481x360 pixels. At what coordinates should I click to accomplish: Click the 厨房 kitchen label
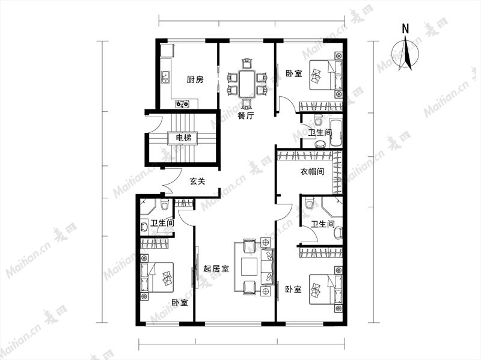[195, 80]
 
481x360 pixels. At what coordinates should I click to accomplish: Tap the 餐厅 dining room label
[246, 116]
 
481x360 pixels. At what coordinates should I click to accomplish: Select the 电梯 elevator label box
[184, 138]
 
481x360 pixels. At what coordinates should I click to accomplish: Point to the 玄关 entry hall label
[197, 182]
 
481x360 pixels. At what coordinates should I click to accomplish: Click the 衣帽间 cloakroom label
[312, 171]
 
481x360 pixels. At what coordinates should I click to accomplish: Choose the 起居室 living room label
[216, 269]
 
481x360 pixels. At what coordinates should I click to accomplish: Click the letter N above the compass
[405, 29]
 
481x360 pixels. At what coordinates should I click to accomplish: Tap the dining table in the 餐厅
[247, 84]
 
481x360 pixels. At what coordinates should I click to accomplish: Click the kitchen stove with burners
[182, 104]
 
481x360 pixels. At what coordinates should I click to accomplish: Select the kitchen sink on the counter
[165, 77]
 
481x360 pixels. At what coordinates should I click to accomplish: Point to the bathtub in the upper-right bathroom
[335, 133]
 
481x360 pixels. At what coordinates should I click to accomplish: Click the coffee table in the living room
[250, 267]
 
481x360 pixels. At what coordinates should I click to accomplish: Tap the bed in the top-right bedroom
[326, 75]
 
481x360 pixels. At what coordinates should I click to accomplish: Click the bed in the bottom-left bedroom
[157, 278]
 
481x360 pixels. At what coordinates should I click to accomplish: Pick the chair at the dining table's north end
[247, 64]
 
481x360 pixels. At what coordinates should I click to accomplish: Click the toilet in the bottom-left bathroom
[164, 204]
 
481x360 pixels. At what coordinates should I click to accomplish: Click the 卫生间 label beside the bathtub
[320, 133]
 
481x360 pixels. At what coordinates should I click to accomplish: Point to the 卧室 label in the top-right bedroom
[294, 73]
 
